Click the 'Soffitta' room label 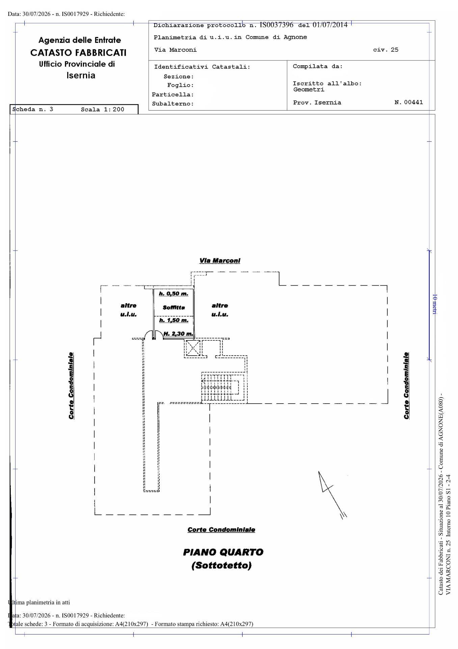[174, 308]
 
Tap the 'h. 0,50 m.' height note [173, 293]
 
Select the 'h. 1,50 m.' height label [173, 320]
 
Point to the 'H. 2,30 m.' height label [178, 334]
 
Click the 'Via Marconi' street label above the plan [220, 261]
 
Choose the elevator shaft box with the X [192, 348]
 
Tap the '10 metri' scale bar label [435, 304]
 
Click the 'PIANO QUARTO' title [223, 552]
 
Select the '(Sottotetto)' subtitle [221, 566]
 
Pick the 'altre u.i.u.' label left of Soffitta [129, 310]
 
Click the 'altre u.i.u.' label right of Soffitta [220, 310]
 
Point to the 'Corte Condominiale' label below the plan [221, 530]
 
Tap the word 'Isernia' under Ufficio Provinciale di [81, 75]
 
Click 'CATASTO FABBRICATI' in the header [78, 53]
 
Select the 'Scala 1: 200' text [103, 110]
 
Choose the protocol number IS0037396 [276, 25]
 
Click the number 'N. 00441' [408, 102]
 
